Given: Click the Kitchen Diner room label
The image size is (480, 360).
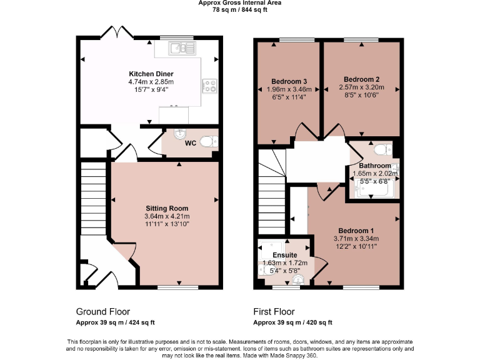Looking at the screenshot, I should [151, 74].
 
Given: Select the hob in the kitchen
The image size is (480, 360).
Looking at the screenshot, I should [209, 85].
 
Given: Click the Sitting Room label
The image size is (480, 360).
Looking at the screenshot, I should [167, 208].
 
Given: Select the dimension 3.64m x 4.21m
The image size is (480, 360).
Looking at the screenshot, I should [167, 216].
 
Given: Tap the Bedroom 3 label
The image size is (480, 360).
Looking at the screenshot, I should [289, 81].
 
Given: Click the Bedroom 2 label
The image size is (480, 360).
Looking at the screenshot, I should [361, 79].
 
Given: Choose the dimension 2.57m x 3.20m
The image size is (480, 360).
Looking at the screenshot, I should [361, 87].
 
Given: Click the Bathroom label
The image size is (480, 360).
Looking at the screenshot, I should [375, 166].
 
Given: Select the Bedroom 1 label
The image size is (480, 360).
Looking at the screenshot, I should [356, 230].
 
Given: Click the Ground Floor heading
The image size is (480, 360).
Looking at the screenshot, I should [103, 311].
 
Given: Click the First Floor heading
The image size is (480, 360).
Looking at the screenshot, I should [274, 311].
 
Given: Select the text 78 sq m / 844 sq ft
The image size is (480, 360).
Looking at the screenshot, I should [239, 10].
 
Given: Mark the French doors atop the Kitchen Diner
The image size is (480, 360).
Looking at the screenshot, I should [119, 34].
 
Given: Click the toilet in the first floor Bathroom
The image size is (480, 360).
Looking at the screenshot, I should [381, 149].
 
